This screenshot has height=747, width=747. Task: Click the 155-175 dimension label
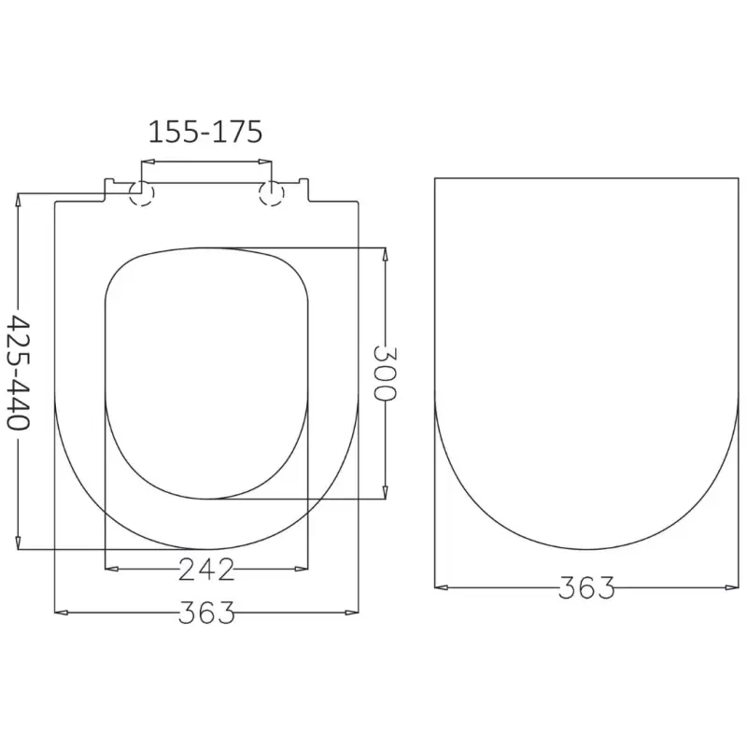(x=205, y=132)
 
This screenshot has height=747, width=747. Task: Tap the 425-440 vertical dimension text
(x=19, y=372)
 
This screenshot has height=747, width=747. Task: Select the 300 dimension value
(x=385, y=373)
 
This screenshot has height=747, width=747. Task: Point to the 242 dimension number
(x=206, y=570)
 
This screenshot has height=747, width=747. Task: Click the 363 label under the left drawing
(x=206, y=613)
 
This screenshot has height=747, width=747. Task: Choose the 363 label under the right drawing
(x=586, y=587)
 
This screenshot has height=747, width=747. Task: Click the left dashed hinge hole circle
(x=142, y=193)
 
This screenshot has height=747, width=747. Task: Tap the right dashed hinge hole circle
(x=272, y=193)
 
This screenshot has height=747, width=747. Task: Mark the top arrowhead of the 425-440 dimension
(x=18, y=200)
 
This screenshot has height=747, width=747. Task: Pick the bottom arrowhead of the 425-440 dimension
(x=18, y=543)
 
